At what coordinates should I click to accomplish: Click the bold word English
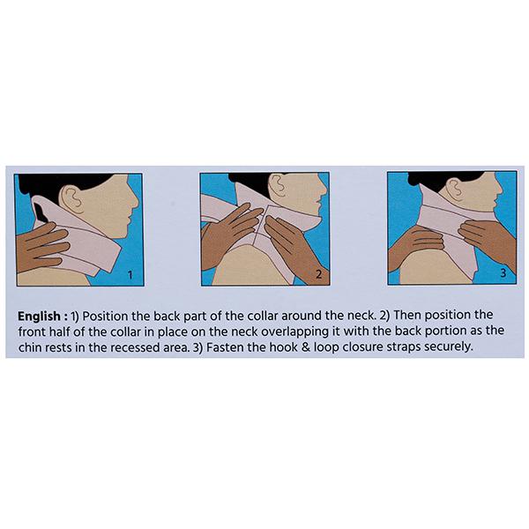point(39,317)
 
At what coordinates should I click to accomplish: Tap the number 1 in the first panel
point(130,275)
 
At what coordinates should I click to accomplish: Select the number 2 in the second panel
point(318,274)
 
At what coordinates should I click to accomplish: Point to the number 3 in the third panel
point(503,273)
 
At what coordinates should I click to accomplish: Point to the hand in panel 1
point(42,246)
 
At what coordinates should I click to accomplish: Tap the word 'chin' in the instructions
point(30,347)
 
